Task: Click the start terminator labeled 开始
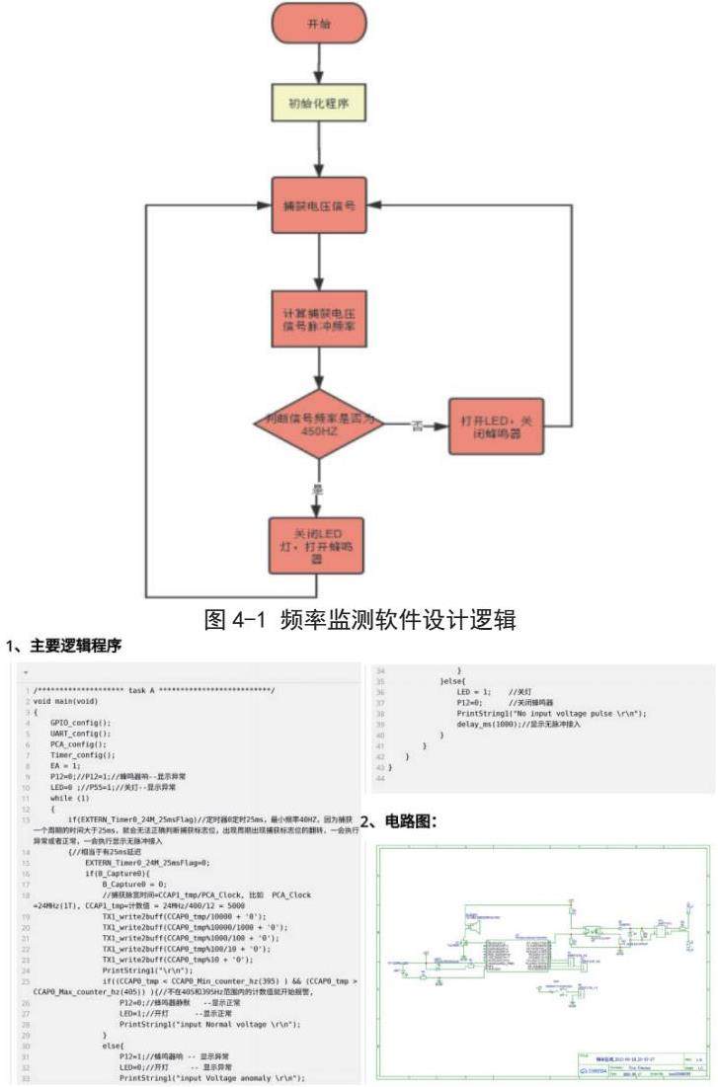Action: (x=318, y=22)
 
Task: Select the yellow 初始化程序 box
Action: (x=318, y=104)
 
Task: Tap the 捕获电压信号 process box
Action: (x=318, y=207)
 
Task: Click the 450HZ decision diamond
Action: (x=318, y=427)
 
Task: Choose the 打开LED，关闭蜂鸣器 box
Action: (x=496, y=427)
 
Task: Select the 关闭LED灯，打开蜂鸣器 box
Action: (x=318, y=545)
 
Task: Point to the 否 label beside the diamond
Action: (x=417, y=427)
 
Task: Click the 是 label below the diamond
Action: (x=318, y=489)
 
